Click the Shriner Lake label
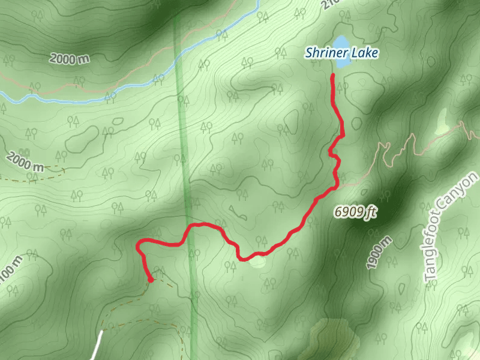click(x=341, y=53)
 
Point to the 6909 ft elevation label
click(x=355, y=212)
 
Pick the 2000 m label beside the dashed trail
click(x=23, y=161)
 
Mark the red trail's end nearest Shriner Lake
click(x=332, y=75)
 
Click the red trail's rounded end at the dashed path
click(x=151, y=279)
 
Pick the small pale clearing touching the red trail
click(x=258, y=261)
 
